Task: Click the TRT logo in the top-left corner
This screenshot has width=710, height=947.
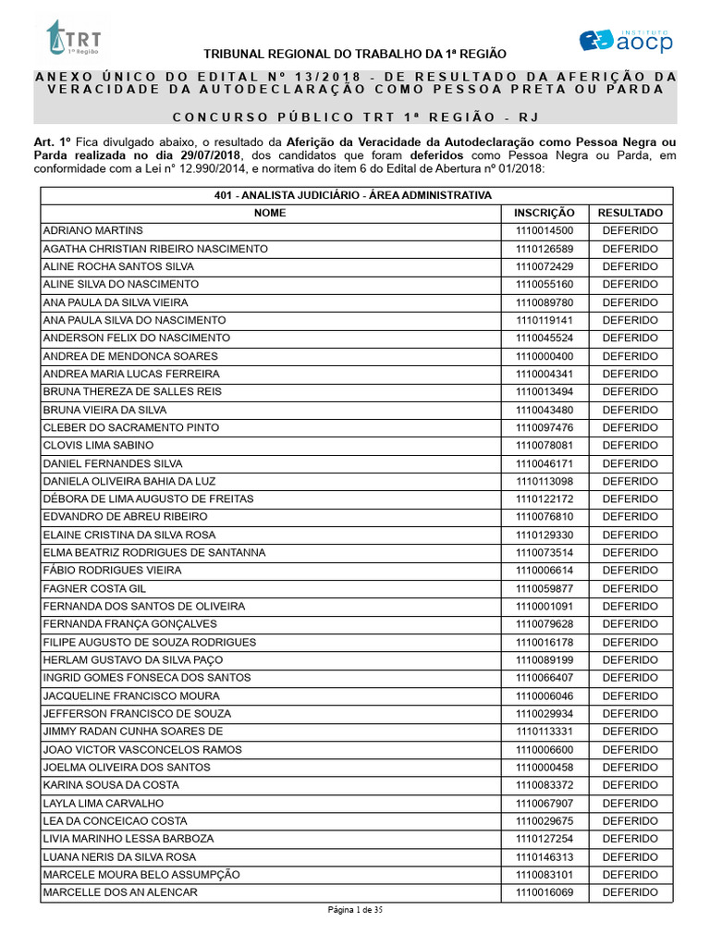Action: (73, 38)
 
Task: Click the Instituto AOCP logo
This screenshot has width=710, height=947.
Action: (626, 40)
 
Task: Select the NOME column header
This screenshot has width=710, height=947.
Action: (270, 213)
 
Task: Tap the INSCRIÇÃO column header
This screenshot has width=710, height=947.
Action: (545, 213)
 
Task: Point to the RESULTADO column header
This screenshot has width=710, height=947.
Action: (630, 213)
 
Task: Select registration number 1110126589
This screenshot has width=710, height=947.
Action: (545, 249)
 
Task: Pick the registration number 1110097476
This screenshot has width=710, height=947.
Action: (545, 427)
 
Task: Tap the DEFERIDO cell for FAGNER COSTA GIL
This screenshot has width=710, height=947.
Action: (630, 588)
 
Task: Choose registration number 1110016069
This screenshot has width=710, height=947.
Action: (545, 892)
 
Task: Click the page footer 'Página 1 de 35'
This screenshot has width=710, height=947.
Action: (355, 910)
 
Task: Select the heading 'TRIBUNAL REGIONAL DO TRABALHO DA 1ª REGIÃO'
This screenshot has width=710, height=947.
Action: (355, 55)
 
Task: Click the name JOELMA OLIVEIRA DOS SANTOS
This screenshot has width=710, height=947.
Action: (127, 767)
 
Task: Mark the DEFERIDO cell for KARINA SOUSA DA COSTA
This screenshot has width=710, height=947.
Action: (630, 785)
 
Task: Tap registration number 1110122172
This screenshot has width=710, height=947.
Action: (545, 498)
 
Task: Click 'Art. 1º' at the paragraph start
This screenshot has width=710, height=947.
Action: (52, 141)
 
